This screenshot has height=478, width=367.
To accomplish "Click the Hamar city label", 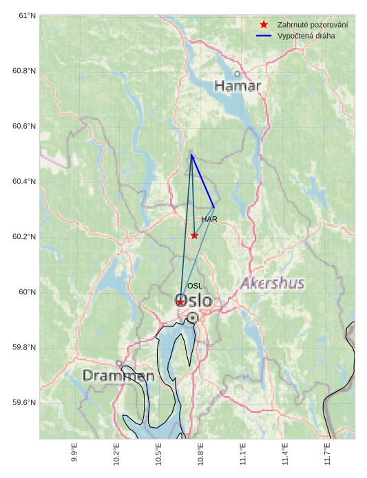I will (x=238, y=86).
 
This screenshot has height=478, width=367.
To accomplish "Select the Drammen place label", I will (x=118, y=376).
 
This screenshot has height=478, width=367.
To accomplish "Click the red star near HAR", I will (x=194, y=236).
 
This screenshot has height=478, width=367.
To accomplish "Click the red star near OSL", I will (x=180, y=302).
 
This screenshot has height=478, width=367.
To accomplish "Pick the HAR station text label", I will (x=209, y=219).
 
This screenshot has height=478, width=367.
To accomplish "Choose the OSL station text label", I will (x=195, y=286).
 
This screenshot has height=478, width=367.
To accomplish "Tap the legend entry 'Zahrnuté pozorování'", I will (x=312, y=25).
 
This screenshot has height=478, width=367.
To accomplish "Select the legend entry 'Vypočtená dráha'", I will (x=306, y=35).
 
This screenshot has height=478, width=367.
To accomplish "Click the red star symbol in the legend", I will (x=264, y=25).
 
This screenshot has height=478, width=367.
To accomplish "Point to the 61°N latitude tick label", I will (x=23, y=15).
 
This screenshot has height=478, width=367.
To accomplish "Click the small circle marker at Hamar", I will (x=238, y=74).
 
